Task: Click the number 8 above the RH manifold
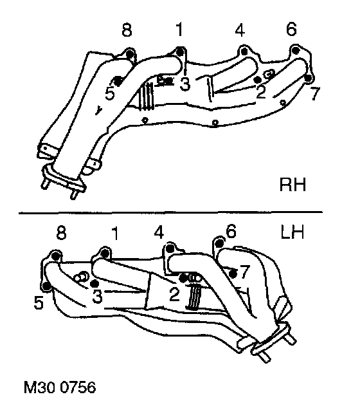point(127,30)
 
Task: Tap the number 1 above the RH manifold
point(180,29)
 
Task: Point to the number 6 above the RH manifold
point(291,29)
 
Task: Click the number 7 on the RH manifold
point(316,93)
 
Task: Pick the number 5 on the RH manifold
point(110,93)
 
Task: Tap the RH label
point(292,185)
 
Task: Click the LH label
point(292,232)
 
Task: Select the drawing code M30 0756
point(60,387)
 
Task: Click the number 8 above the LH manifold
point(61,233)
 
